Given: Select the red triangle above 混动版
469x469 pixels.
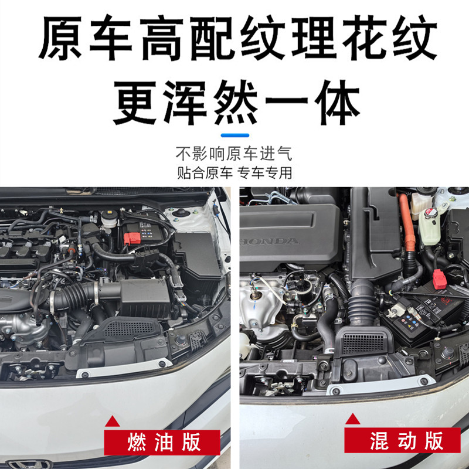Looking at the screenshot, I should (352, 419).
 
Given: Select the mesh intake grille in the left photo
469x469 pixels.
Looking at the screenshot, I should (128, 329).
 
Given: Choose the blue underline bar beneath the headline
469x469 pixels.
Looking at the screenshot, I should (235, 135).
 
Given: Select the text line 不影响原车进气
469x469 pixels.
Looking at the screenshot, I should (234, 154).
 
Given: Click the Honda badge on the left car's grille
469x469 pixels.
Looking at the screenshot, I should (29, 464).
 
